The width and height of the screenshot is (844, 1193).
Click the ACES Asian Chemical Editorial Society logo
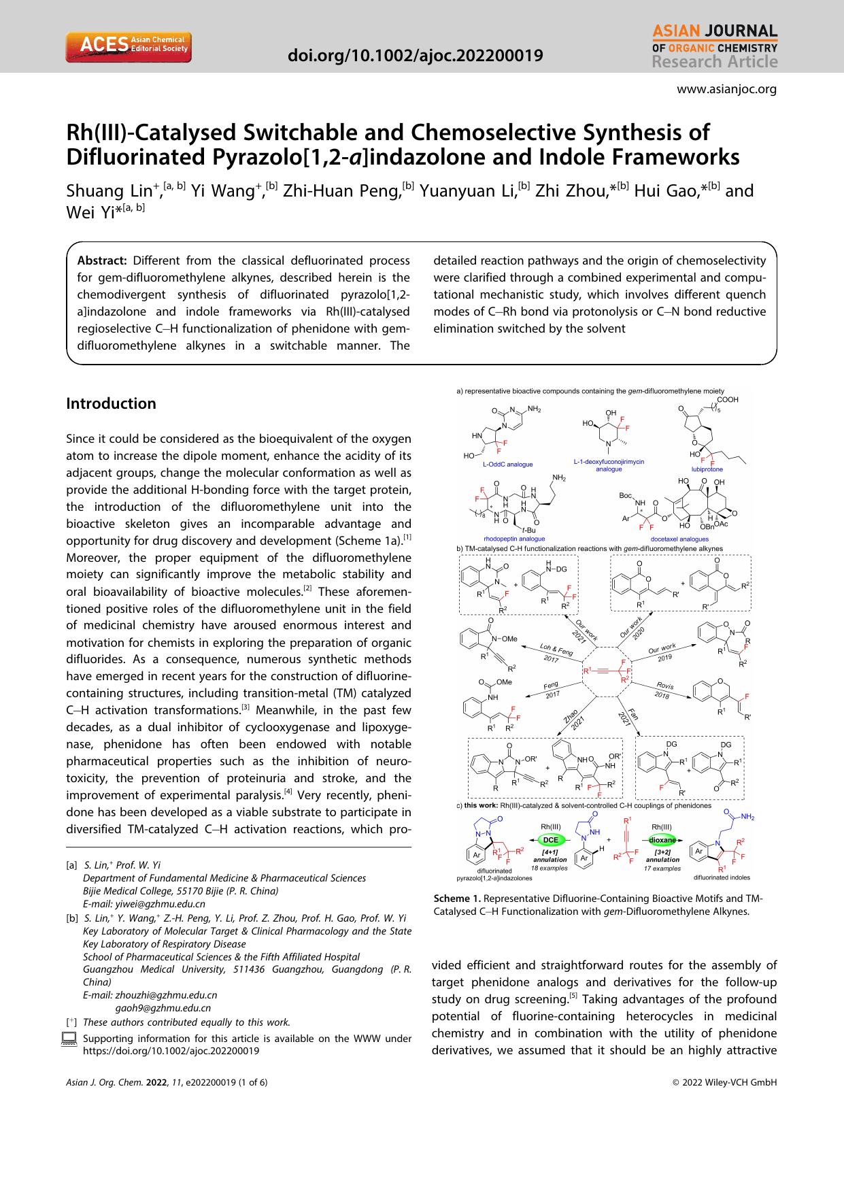128,46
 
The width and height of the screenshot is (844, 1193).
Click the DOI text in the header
416,55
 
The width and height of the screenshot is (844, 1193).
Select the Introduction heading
111,403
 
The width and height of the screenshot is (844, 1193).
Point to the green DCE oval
550,839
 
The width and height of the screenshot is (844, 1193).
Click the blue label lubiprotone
707,469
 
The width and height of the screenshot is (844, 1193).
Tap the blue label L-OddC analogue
507,464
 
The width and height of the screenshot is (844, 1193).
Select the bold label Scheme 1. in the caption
456,898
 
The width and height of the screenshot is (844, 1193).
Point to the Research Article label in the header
714,62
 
